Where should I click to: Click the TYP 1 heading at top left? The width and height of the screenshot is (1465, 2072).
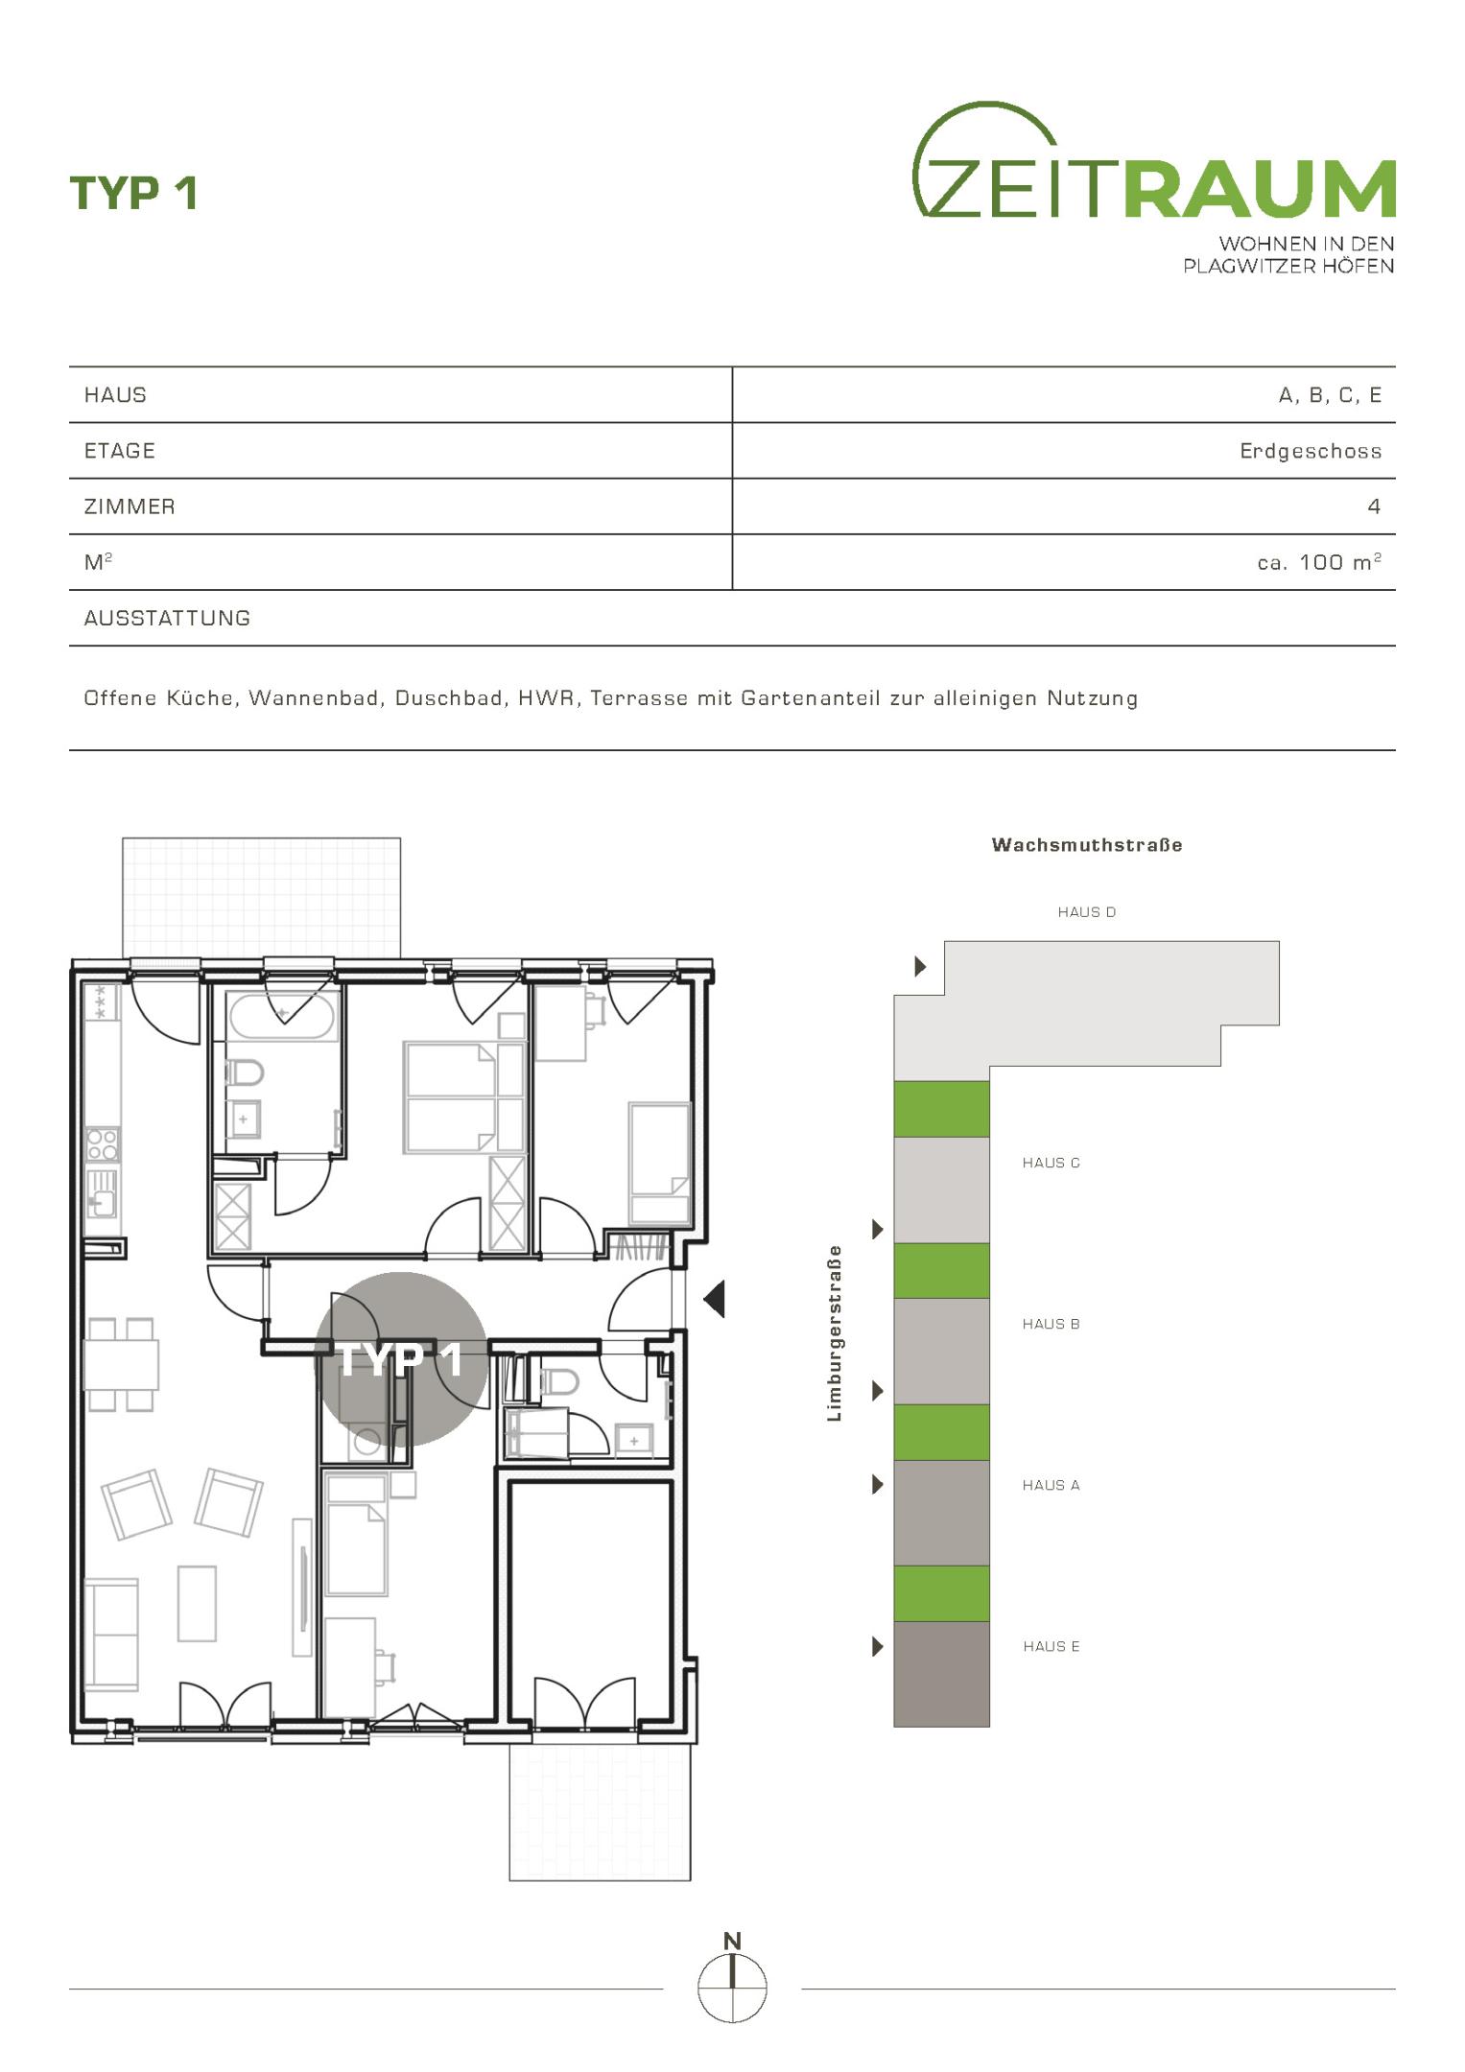[133, 193]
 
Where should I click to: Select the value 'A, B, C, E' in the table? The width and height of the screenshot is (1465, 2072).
[1330, 395]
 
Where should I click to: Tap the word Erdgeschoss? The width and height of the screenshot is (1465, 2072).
[1311, 451]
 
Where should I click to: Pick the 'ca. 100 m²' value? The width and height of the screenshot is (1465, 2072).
[1319, 562]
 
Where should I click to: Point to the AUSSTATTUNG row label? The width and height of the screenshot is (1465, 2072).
[167, 619]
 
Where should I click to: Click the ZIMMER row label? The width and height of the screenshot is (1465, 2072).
[130, 506]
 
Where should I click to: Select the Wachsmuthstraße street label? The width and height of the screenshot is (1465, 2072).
[1087, 845]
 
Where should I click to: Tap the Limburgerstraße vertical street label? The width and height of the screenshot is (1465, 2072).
[834, 1333]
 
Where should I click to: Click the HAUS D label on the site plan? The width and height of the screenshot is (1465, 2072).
[1087, 912]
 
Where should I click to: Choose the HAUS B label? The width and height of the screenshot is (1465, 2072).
[1051, 1324]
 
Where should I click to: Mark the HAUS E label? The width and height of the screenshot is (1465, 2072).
[1051, 1646]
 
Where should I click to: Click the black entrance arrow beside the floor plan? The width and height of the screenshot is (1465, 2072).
[714, 1299]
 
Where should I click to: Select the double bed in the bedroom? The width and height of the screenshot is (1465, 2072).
[465, 1097]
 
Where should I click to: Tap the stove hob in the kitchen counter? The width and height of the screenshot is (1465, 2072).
[103, 1144]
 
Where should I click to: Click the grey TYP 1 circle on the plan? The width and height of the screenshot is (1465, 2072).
[401, 1358]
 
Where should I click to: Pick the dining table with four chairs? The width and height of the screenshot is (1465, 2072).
[121, 1364]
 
